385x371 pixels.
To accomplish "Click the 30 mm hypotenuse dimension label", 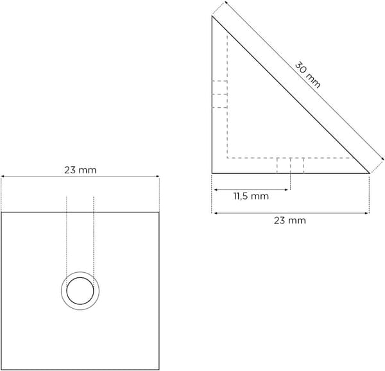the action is click(307, 74).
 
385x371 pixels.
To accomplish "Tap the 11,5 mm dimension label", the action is click(251, 196).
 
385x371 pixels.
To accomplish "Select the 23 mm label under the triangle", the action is click(290, 221).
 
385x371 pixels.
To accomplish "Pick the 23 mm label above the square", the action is click(80, 170).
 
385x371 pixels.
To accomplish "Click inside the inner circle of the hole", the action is click(80, 291).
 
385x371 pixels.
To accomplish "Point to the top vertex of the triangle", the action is click(212, 16).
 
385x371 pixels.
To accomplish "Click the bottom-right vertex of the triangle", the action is click(370, 173).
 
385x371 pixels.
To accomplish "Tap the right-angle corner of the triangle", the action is click(212, 173).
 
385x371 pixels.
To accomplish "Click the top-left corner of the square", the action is click(1, 212).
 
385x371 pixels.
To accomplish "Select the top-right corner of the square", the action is click(159, 212).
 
